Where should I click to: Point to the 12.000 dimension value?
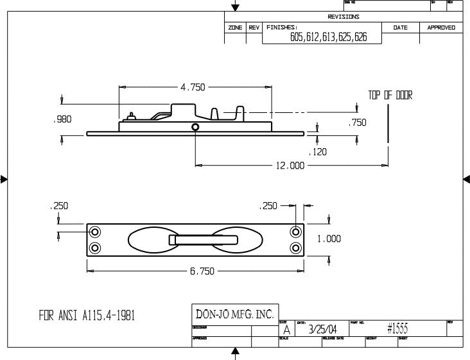coord(290,165)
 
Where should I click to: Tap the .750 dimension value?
coord(357,123)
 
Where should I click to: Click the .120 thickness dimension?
coord(318,152)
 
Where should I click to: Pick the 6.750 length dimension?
coord(202,271)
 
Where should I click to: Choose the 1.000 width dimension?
coord(329,239)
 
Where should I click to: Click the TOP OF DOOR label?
coord(390,96)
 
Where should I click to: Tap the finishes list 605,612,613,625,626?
coord(328,38)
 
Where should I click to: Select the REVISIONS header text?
coord(344,17)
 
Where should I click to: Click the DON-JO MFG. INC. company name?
coord(234,314)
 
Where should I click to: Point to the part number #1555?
coord(399,329)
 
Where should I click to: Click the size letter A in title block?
coord(286,330)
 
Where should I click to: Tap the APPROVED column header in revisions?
coord(441,28)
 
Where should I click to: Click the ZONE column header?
coord(235,28)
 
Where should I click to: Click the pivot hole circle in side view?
coord(195,128)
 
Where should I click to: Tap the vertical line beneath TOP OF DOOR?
coord(388,122)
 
